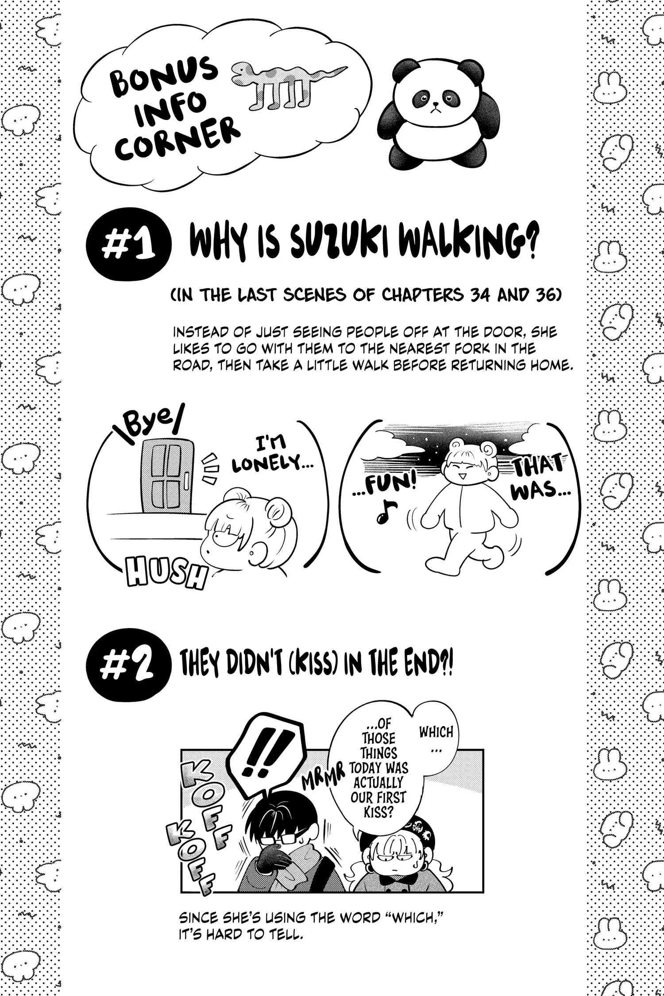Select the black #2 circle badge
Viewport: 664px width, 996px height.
pyautogui.click(x=128, y=668)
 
